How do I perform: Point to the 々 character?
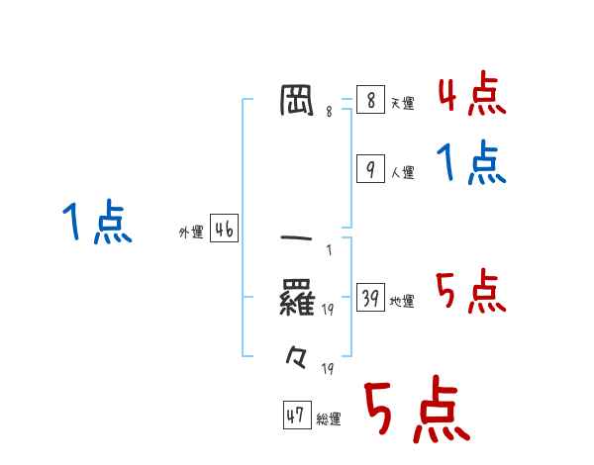click(x=297, y=354)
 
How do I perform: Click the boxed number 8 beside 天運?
click(x=369, y=100)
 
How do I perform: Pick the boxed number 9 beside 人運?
click(x=369, y=169)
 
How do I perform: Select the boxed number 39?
click(x=369, y=298)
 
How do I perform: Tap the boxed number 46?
click(x=224, y=231)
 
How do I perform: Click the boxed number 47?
click(x=295, y=416)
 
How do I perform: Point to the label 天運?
click(x=402, y=103)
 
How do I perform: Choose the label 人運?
click(x=402, y=172)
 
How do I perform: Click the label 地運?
click(x=402, y=301)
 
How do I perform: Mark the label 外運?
click(x=191, y=232)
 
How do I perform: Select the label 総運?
click(x=329, y=418)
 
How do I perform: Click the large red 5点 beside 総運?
click(x=416, y=412)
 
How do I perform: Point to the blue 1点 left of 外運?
click(x=97, y=223)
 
